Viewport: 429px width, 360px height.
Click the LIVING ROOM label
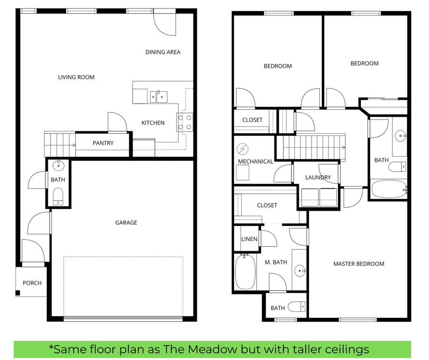[76, 77]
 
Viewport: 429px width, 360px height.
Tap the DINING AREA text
[163, 52]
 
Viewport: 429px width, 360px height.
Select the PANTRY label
[103, 143]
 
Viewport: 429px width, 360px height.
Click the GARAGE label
[126, 223]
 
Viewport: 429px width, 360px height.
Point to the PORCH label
[32, 283]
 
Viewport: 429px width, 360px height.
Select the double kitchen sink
[159, 97]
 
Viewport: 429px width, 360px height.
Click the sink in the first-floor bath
[59, 165]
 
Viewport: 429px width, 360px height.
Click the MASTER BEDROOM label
[358, 264]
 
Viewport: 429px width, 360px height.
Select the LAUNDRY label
[318, 177]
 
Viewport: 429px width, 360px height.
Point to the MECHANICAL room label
[255, 161]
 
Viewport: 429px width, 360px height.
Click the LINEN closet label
[249, 239]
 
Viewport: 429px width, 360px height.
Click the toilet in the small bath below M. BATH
[296, 307]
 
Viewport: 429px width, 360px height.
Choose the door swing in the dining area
[165, 24]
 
